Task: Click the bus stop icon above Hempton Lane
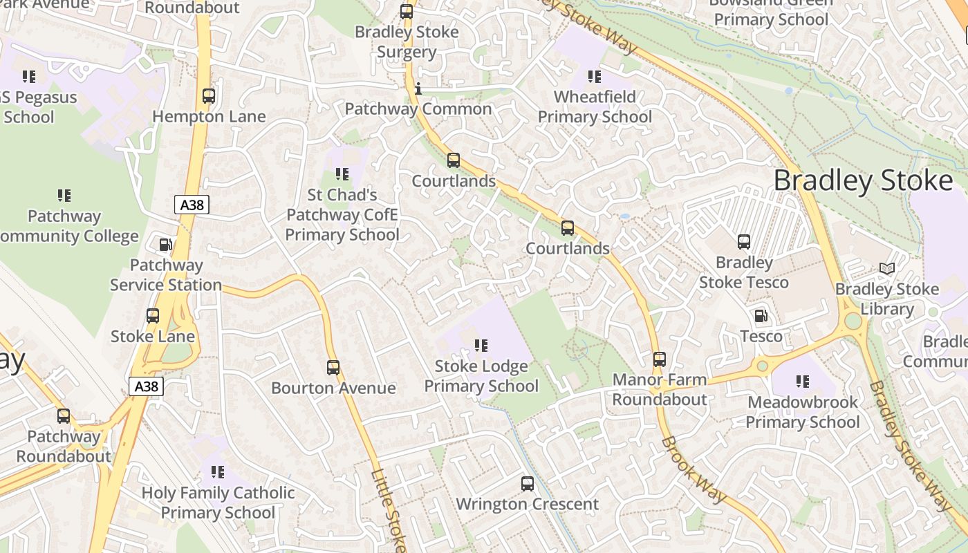(208, 96)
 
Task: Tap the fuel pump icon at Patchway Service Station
(165, 245)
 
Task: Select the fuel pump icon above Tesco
(761, 316)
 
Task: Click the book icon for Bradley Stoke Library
(887, 268)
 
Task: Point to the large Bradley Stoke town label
(863, 180)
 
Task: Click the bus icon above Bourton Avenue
(333, 368)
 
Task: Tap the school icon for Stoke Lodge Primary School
(481, 345)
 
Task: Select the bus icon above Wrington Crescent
(528, 484)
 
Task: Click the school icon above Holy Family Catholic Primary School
(218, 472)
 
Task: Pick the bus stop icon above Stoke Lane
(153, 316)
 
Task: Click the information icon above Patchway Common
(418, 88)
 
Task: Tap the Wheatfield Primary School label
(595, 106)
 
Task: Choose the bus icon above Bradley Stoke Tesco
(744, 242)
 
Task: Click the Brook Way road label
(694, 469)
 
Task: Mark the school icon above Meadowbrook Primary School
(803, 381)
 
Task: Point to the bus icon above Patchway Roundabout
(64, 416)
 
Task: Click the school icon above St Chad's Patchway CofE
(342, 174)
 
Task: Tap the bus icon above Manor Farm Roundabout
(660, 359)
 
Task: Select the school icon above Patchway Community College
(64, 196)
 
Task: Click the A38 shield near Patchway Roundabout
(146, 386)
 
